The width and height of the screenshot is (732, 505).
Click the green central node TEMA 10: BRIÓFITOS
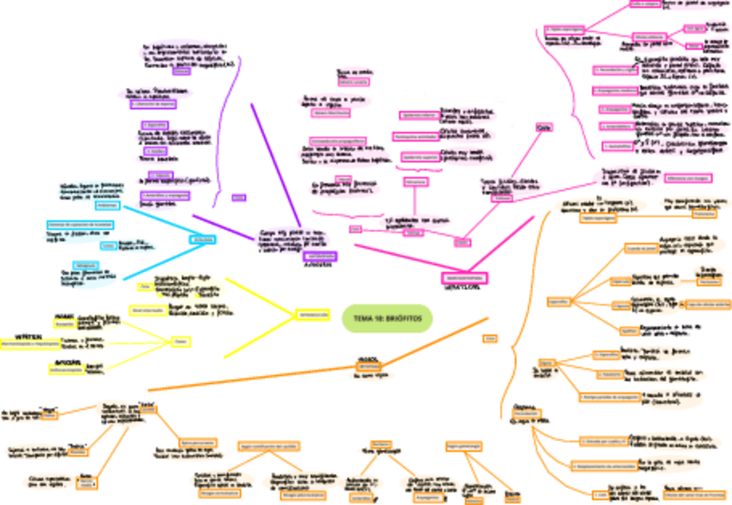387,318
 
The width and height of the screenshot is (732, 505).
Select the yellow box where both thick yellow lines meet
313,315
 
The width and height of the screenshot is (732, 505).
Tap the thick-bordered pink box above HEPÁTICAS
465,278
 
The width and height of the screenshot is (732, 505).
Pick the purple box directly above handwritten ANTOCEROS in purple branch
319,256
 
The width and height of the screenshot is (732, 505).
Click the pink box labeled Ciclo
544,129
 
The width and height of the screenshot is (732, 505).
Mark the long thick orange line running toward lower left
259,371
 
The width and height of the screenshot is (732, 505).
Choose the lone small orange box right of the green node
489,339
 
